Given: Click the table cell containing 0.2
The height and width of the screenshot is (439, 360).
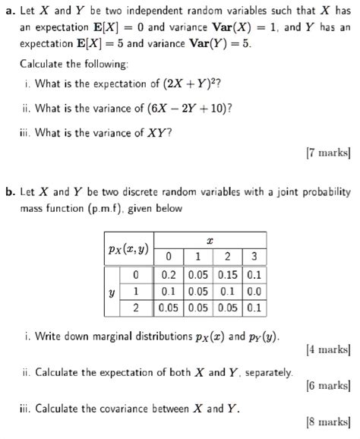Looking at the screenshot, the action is (169, 274).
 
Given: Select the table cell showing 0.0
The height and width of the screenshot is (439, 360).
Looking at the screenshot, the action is (254, 291).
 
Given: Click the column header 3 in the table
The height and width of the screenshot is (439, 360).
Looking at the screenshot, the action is (254, 255).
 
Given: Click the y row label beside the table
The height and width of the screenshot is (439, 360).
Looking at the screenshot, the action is (112, 291).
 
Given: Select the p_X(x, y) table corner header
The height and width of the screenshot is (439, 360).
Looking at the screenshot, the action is (128, 248).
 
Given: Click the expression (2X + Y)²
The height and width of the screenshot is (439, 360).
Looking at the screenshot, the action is (179, 84).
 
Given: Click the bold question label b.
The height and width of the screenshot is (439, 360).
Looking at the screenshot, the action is (10, 193).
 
